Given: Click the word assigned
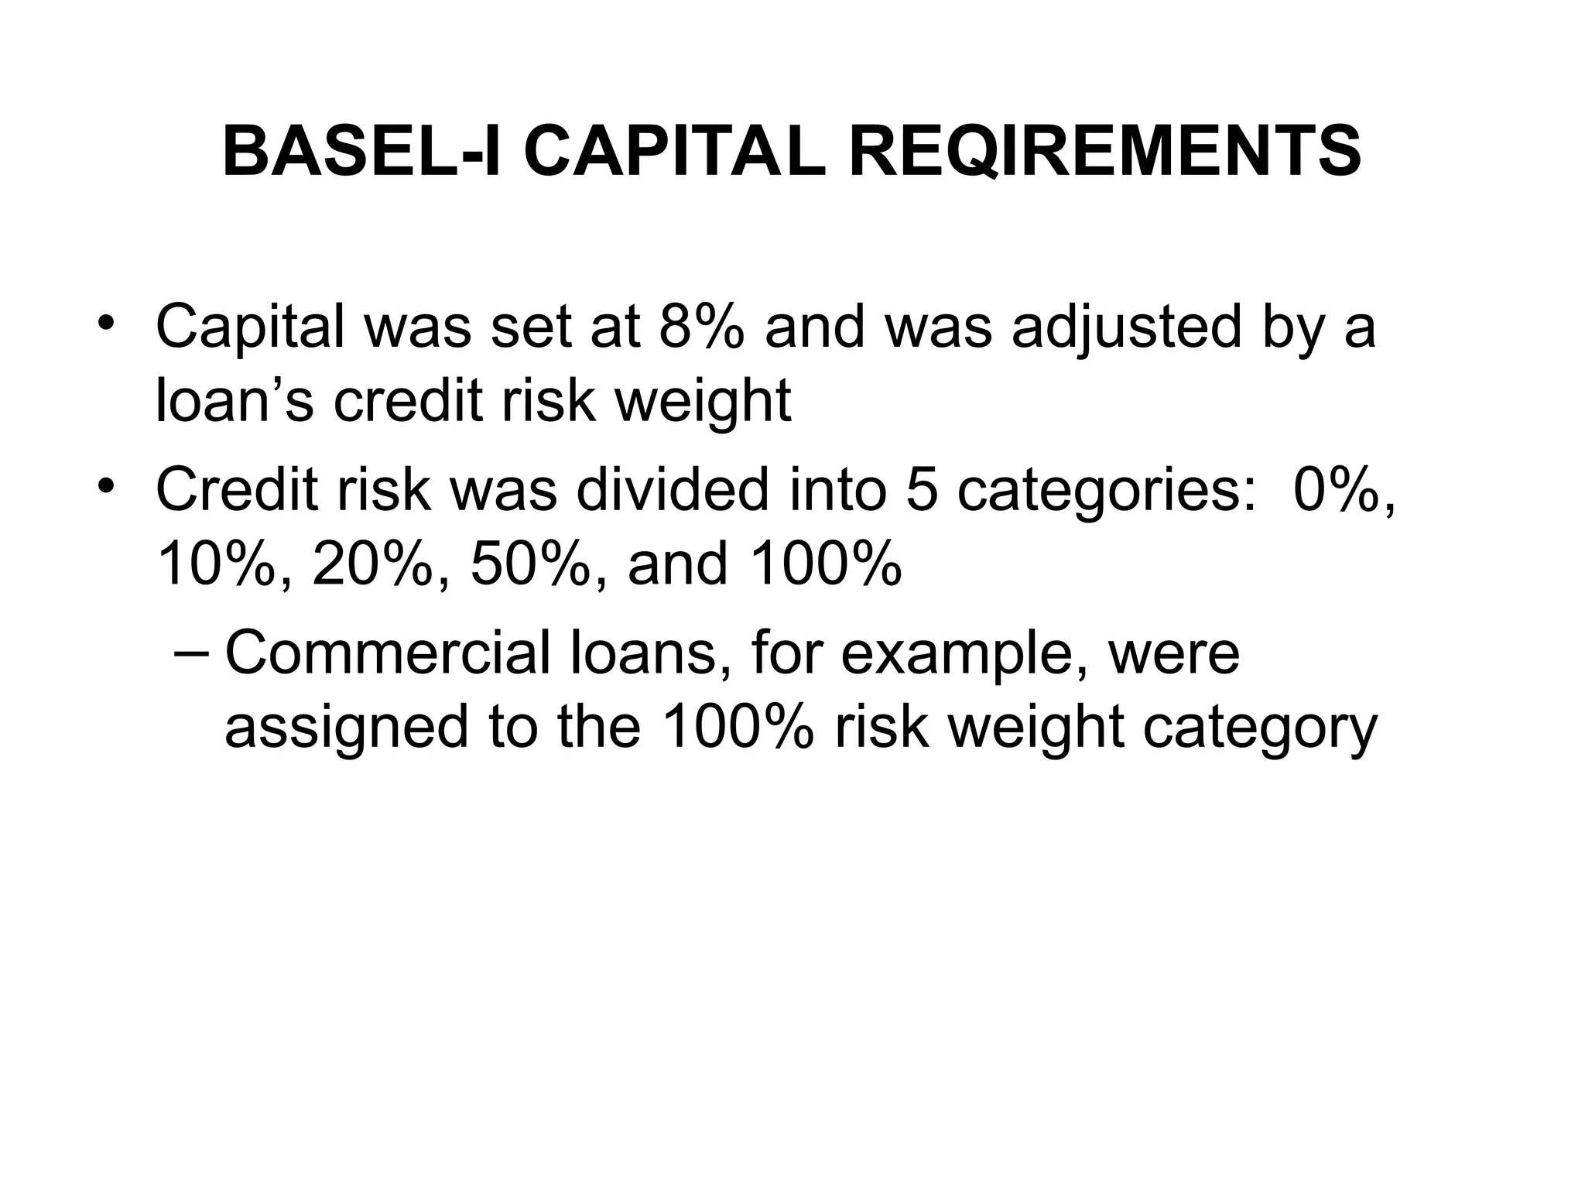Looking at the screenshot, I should tap(346, 728).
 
